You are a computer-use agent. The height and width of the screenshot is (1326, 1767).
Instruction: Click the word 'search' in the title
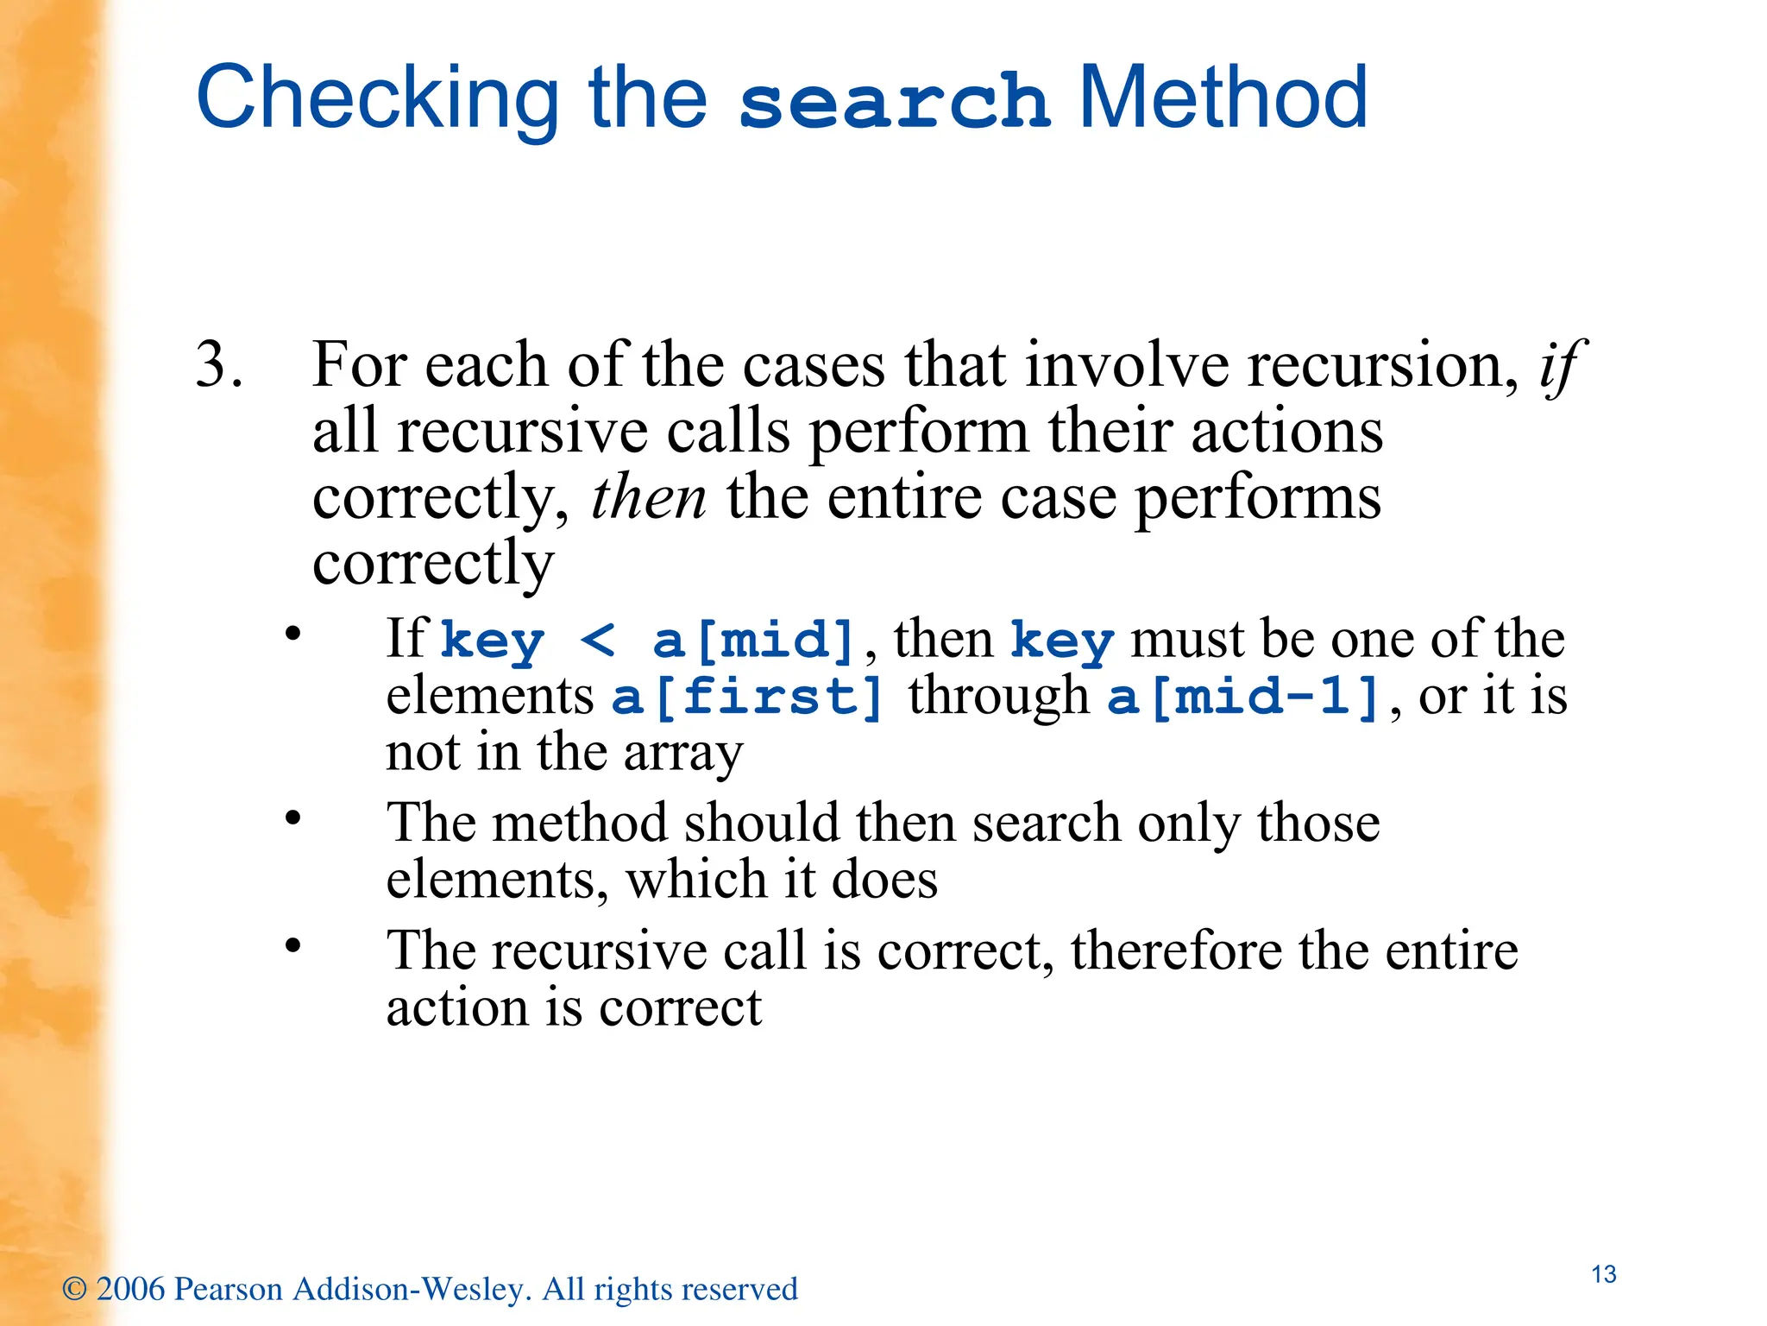894,102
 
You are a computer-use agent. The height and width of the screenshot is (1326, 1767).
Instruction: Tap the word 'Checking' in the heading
378,99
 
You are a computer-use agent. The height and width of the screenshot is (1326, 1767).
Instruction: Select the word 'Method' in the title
1223,98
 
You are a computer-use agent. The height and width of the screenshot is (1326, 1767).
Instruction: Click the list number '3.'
218,364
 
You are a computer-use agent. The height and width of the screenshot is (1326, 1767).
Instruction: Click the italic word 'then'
648,498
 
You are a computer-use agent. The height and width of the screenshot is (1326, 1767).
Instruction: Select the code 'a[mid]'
753,641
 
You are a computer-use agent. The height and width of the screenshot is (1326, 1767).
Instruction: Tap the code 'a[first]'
748,697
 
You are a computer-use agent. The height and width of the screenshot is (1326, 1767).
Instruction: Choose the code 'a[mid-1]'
1243,697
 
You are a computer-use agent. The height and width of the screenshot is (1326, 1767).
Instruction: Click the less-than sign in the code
597,641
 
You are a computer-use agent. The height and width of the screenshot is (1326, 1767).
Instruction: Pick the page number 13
1603,1274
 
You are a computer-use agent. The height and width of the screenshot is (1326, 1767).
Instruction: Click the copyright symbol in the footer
75,1290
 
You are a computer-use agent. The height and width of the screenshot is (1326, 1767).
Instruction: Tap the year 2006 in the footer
130,1289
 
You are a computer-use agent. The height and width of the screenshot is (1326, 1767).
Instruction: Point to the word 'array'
682,753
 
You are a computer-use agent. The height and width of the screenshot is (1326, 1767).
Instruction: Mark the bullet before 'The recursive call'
293,944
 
